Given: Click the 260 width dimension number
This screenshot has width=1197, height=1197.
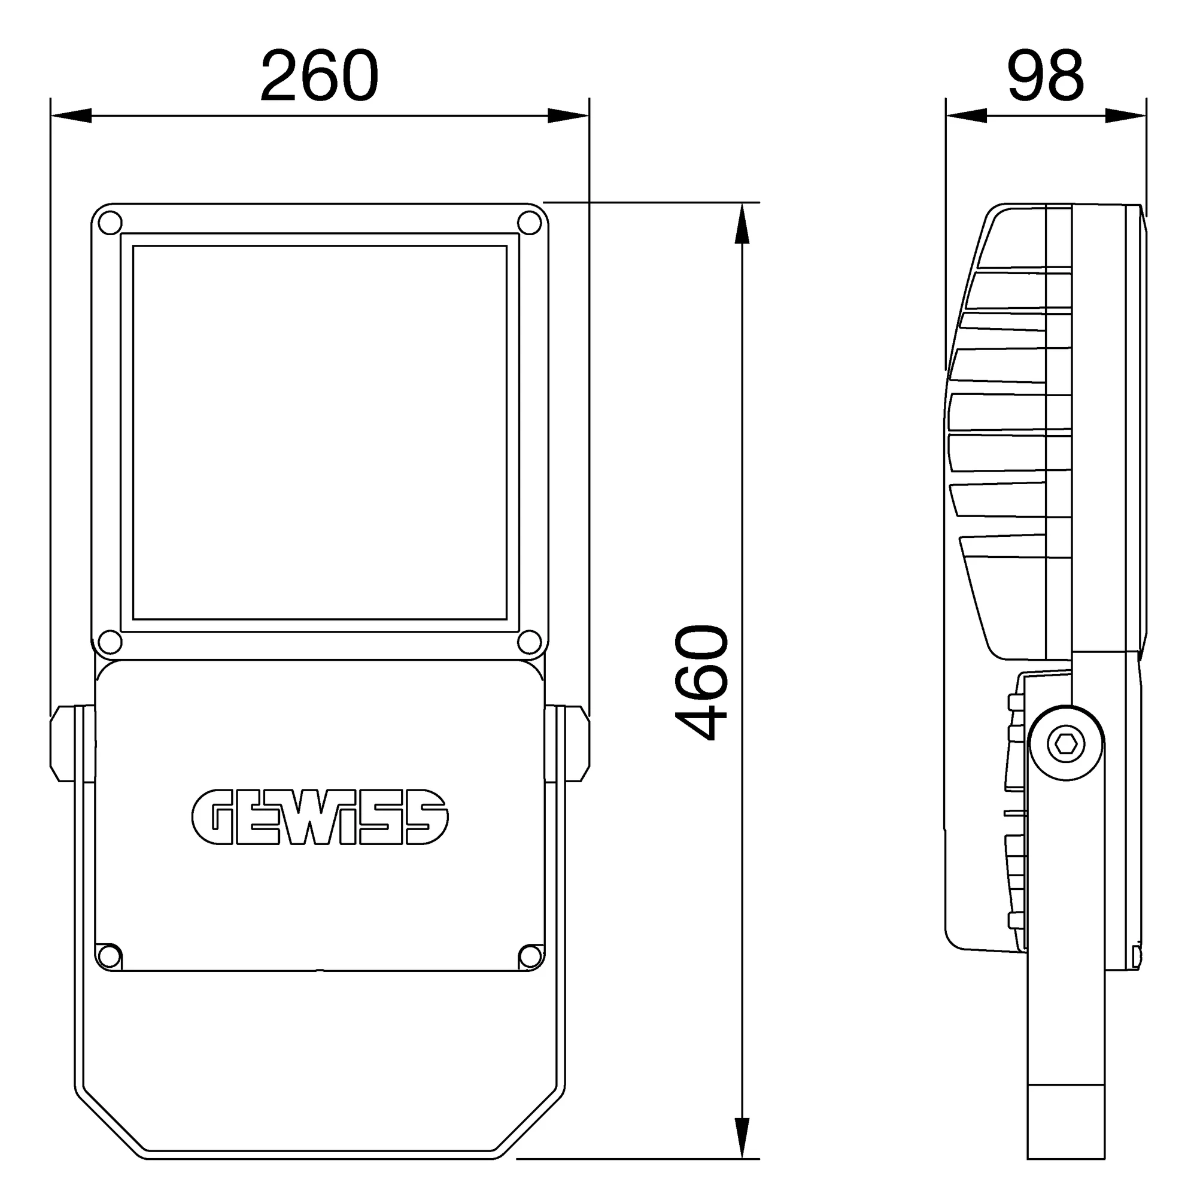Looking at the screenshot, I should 319,75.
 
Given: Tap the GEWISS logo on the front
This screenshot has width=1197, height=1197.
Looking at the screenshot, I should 320,816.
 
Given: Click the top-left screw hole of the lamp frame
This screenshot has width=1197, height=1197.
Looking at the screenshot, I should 110,223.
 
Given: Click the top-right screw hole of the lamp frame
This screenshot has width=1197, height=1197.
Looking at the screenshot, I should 529,223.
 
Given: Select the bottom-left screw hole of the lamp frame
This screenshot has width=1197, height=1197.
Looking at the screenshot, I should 110,642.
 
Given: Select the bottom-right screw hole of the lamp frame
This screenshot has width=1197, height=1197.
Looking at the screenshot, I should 529,642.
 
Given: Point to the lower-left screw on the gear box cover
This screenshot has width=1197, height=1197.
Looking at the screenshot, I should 109,956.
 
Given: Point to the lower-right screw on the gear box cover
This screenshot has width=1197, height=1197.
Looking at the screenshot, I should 530,956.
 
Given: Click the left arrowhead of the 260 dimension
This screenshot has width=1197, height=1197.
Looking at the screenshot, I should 71,116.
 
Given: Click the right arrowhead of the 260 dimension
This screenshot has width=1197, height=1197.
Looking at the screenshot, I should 569,116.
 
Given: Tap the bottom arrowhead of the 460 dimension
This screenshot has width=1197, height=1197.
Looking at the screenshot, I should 742,1137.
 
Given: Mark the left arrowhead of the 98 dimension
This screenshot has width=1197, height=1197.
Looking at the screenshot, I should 966,116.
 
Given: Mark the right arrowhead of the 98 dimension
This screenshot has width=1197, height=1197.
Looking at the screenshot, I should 1126,116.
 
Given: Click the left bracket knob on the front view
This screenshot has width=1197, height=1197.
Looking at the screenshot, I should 62,743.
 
